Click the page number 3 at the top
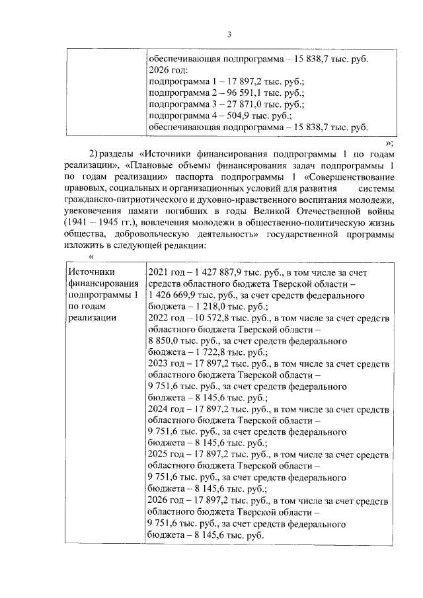[x=229, y=35]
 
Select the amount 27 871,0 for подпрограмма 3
[x=231, y=104]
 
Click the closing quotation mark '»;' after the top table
[x=389, y=142]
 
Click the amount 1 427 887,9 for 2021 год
[x=217, y=272]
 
